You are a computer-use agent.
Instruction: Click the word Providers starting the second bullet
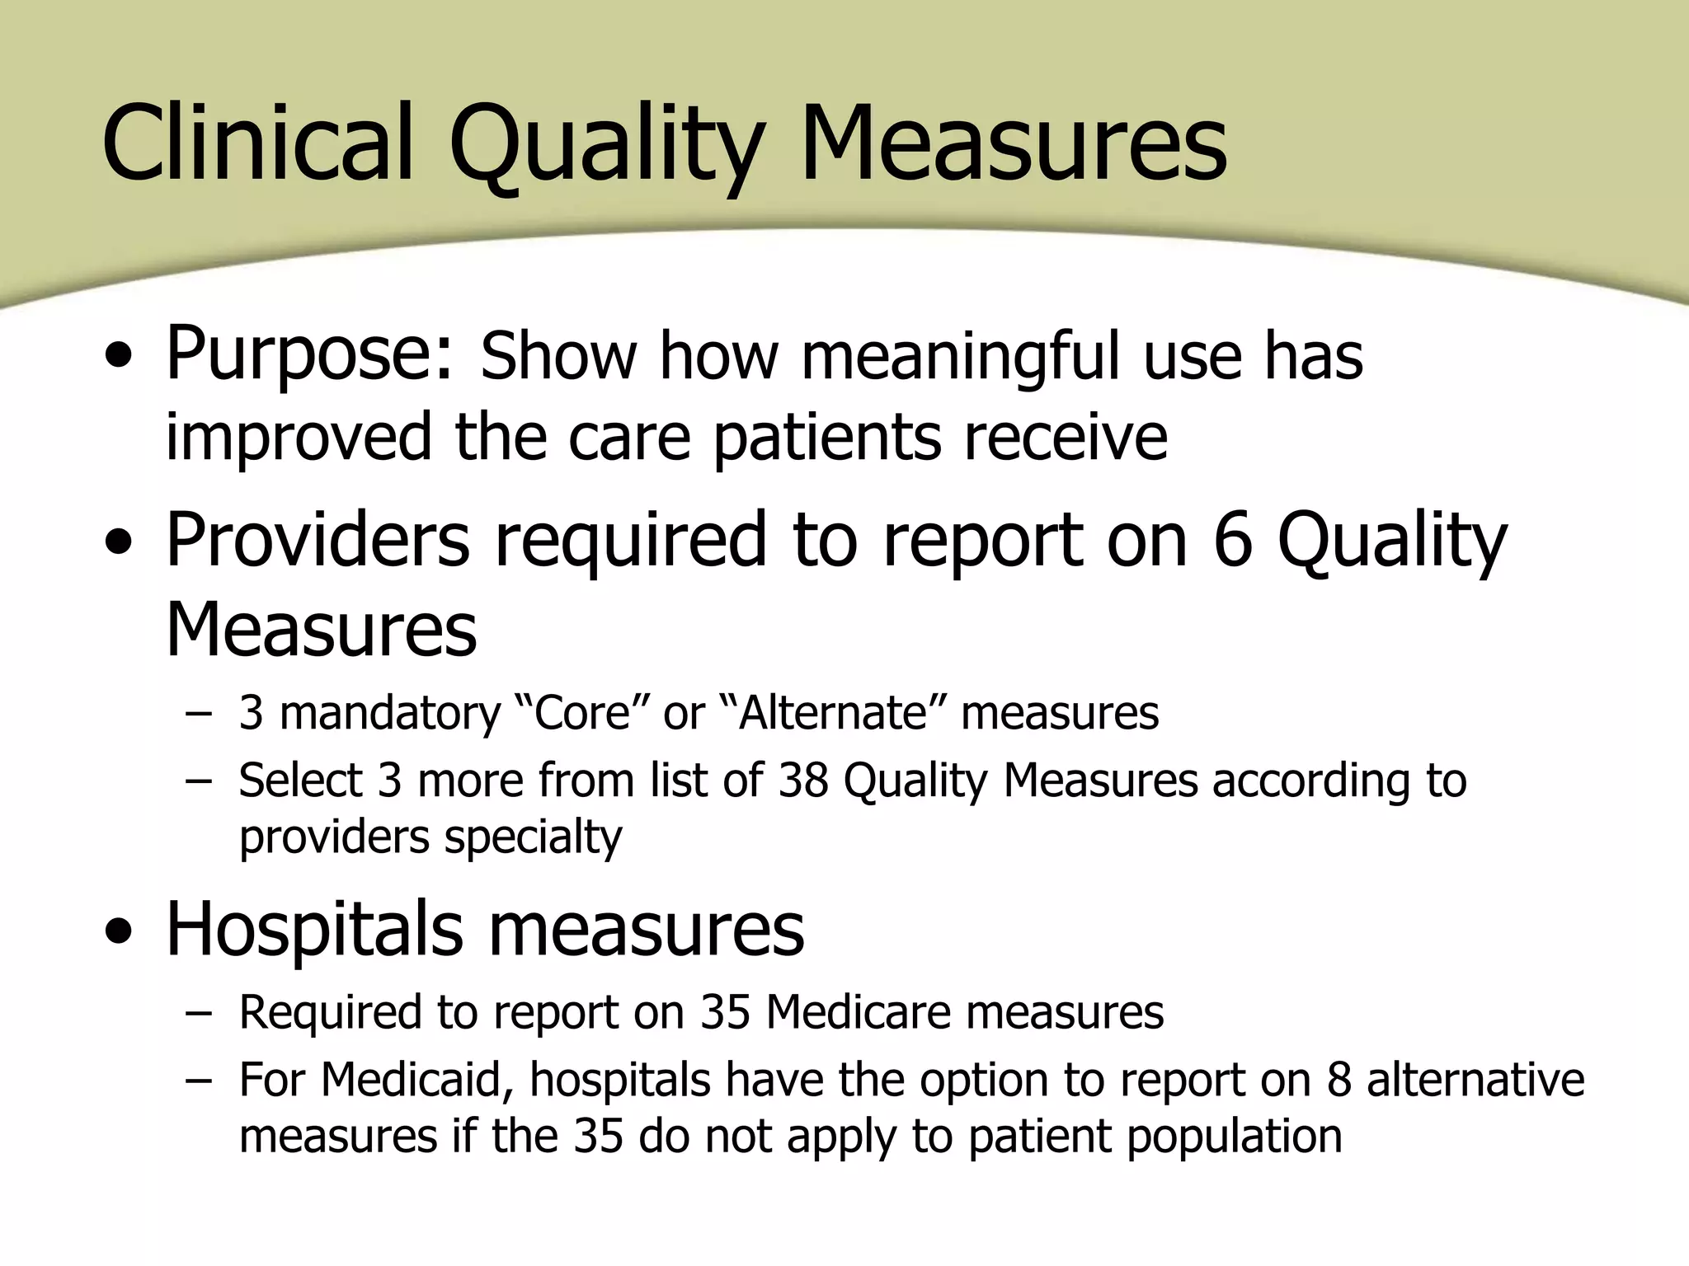[318, 540]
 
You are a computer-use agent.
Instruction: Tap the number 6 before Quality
[1233, 540]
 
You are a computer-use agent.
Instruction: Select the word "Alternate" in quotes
[833, 713]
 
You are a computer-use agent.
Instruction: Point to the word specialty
[534, 838]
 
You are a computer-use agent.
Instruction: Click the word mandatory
[390, 713]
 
